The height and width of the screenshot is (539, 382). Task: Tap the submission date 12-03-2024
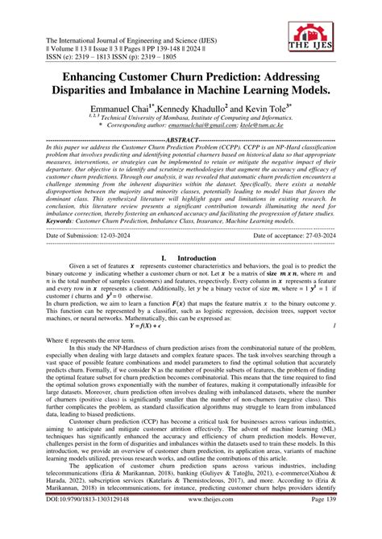131,236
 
